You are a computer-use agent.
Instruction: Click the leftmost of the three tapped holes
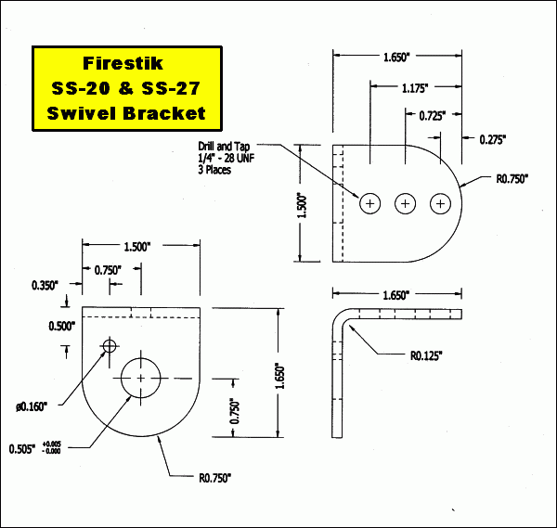[370, 202]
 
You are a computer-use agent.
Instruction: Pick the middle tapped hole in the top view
[406, 202]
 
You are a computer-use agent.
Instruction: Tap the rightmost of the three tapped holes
[441, 202]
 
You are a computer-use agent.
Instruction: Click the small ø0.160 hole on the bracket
[110, 346]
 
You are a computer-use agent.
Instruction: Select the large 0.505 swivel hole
[141, 379]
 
